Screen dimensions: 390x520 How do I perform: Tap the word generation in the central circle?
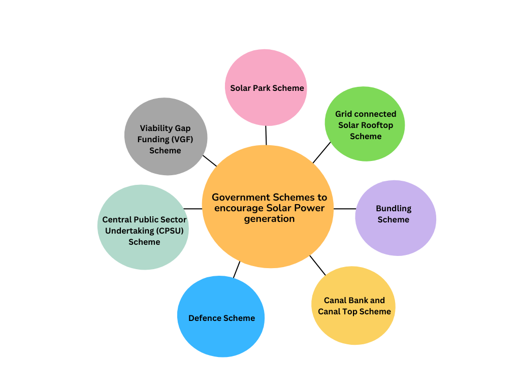tap(269, 219)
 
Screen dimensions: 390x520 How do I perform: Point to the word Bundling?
tap(394, 208)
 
